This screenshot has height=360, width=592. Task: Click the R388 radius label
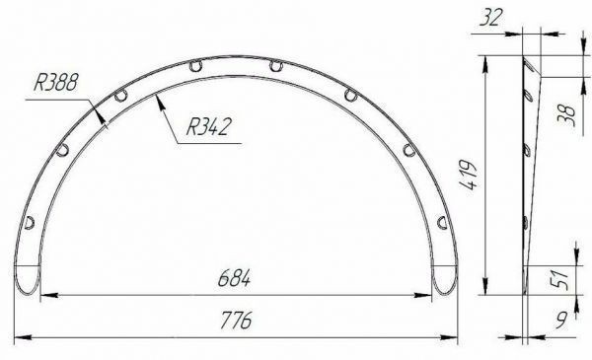pyautogui.click(x=56, y=82)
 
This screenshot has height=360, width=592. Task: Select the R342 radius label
pyautogui.click(x=207, y=126)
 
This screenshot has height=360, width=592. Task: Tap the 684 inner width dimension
pyautogui.click(x=234, y=279)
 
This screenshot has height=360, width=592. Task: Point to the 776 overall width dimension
pyautogui.click(x=236, y=321)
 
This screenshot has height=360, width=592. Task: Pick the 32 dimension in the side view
pyautogui.click(x=490, y=18)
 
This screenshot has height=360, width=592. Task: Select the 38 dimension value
pyautogui.click(x=566, y=115)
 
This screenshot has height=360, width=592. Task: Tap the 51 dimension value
pyautogui.click(x=561, y=280)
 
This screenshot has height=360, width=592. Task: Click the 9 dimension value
pyautogui.click(x=561, y=321)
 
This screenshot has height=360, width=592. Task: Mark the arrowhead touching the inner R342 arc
pyautogui.click(x=161, y=102)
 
